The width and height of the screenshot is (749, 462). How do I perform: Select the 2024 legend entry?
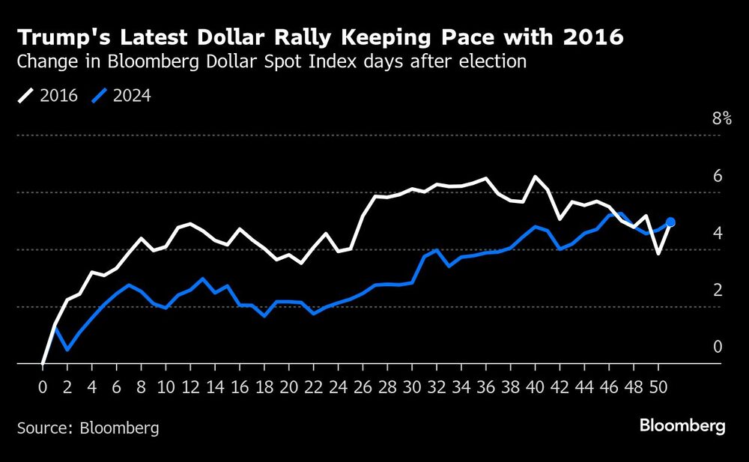[x=121, y=95]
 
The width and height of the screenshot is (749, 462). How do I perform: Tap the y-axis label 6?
[x=717, y=176]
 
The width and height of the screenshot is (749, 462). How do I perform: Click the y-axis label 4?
[x=717, y=233]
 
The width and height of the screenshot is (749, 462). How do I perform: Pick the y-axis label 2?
[x=717, y=290]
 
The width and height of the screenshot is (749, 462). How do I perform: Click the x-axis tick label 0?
[x=43, y=388]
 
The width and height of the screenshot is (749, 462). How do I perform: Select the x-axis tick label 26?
[x=363, y=388]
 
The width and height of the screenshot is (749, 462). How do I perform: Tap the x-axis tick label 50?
[x=658, y=388]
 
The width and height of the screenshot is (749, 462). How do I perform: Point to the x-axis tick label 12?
[x=190, y=388]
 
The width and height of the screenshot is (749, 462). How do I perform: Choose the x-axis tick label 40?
[x=535, y=388]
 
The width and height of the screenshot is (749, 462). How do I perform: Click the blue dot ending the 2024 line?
[x=670, y=222]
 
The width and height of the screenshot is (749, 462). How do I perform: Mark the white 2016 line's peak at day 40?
[x=535, y=177]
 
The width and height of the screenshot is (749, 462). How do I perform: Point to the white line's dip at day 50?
[x=658, y=254]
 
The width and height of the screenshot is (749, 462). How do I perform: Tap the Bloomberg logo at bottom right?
[x=682, y=426]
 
